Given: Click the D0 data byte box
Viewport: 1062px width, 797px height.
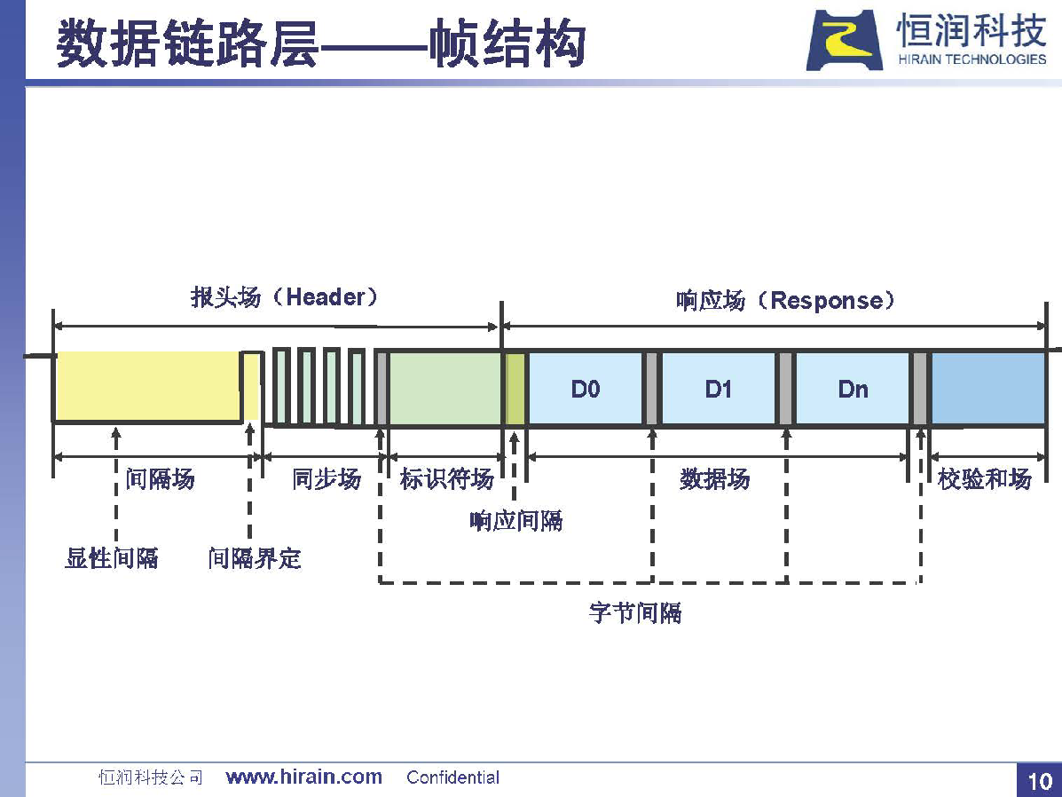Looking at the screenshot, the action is click(586, 389).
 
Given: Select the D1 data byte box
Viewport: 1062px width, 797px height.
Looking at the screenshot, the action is click(718, 389).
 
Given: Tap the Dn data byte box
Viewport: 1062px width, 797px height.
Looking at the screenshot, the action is click(852, 389).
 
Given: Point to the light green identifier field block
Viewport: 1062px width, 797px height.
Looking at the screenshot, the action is click(445, 389).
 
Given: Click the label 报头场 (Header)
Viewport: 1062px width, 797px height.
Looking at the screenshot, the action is click(284, 296).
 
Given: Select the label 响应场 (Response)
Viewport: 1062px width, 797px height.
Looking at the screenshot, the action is click(785, 300).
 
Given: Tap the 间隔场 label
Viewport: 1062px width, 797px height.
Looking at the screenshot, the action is click(160, 479).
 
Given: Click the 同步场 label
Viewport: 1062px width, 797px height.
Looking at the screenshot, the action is click(326, 479).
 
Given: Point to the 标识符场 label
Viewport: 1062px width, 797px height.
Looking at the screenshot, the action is click(446, 479).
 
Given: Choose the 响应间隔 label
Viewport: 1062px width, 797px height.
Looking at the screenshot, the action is click(516, 520).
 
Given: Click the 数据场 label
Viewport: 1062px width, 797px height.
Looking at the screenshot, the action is click(715, 479).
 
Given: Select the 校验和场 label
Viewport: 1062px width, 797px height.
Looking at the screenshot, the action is click(985, 479).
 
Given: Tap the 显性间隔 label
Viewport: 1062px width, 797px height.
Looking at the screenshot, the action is click(112, 557).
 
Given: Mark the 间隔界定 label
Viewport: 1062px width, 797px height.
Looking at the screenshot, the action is click(255, 557).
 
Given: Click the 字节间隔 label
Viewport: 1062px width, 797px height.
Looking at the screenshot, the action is click(635, 612).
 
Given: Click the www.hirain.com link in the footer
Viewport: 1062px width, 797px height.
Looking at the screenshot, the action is click(304, 777).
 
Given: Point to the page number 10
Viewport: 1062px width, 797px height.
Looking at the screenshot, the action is click(1040, 781).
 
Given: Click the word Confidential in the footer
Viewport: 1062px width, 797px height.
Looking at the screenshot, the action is click(453, 777).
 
